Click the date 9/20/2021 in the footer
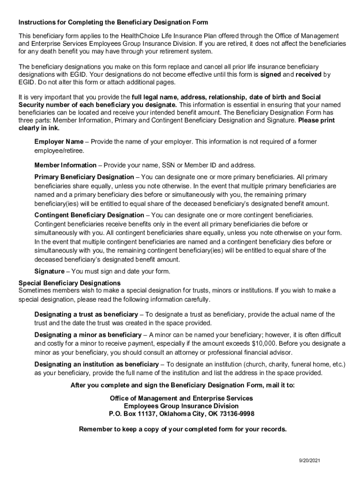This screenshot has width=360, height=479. point(310,460)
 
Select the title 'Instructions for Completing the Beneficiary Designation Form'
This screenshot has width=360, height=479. point(113,22)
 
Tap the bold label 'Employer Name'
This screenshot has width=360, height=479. point(59,141)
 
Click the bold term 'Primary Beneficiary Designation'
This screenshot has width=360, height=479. point(84,177)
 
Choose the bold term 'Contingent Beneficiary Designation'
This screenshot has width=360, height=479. point(89,215)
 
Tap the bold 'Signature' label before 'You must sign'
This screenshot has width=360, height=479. point(50,271)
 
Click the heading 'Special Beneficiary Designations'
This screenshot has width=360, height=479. point(69,283)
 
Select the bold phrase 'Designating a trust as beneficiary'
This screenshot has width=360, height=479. point(86,314)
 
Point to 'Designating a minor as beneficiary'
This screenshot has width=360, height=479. point(88,335)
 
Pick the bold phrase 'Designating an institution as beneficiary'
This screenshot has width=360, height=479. point(96,364)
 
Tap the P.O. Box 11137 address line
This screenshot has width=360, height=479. point(181,414)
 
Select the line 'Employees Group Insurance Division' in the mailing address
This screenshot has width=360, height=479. point(181,406)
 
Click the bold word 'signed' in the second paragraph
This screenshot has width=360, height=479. point(270,74)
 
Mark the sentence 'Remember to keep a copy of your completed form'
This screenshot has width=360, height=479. point(183,429)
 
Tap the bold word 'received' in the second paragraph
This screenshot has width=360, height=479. point(309,74)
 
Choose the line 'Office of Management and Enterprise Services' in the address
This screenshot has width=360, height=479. point(181,398)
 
